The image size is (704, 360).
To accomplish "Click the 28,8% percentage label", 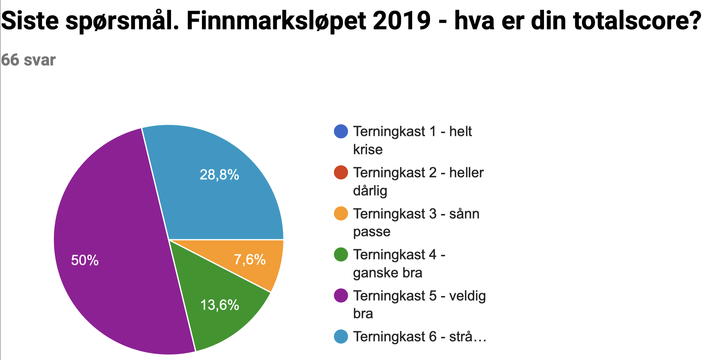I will tap(219, 175).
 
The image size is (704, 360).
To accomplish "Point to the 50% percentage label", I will tap(85, 261).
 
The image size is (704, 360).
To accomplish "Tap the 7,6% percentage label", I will tap(250, 260).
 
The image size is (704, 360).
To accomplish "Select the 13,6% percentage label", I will tap(220, 305).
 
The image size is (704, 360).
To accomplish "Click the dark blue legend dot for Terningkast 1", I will tap(341, 131).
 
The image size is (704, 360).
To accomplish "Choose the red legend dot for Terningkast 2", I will tap(341, 173).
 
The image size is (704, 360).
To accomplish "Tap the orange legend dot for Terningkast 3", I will tap(341, 214).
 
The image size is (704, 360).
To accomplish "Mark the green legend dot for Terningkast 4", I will tap(341, 255).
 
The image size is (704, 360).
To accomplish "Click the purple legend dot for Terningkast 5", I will tap(341, 296).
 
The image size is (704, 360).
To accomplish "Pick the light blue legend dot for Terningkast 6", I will tap(341, 337).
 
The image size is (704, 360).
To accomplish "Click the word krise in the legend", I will tap(368, 150).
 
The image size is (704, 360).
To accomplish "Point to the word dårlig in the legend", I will tap(370, 191).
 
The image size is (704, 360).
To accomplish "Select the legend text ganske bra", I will tap(387, 273).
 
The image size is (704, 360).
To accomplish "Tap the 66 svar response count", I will tap(28, 60).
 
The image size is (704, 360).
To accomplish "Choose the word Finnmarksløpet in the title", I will tap(276, 21).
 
